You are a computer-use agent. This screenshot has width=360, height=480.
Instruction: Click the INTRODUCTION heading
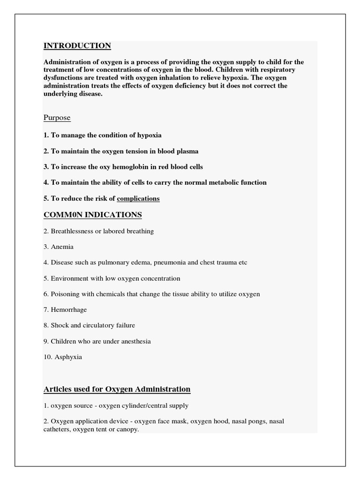click(x=77, y=45)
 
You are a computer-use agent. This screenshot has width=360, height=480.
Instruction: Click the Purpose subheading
click(x=57, y=118)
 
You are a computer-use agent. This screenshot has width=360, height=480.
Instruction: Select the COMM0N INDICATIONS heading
click(x=92, y=215)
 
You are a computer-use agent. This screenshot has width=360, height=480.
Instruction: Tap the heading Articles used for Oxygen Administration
click(x=117, y=389)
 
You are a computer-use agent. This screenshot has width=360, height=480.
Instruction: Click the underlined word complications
click(x=138, y=199)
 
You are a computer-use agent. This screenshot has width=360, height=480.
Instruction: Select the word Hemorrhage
click(x=68, y=309)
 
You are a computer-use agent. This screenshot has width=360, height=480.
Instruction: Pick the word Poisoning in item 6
click(x=66, y=294)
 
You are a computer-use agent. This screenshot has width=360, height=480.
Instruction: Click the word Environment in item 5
click(x=69, y=278)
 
